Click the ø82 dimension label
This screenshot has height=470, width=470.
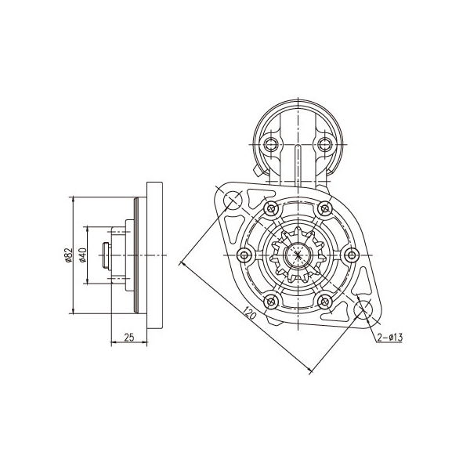click(x=69, y=255)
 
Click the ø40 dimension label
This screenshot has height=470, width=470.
click(x=83, y=255)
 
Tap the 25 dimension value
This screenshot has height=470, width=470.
click(x=129, y=337)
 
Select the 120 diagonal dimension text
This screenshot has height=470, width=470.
click(x=249, y=313)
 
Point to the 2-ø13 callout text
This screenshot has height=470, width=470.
click(x=389, y=337)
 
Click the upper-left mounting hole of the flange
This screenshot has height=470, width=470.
click(x=233, y=199)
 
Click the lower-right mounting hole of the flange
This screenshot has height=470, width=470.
click(x=363, y=309)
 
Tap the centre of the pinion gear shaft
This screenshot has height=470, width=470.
click(x=298, y=255)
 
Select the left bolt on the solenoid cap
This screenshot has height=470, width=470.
click(x=271, y=144)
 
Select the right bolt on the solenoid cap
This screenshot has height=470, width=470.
click(x=325, y=144)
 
